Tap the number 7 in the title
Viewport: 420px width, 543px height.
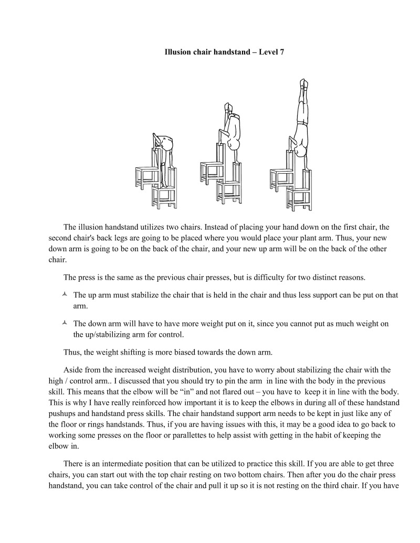pyautogui.click(x=281, y=53)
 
